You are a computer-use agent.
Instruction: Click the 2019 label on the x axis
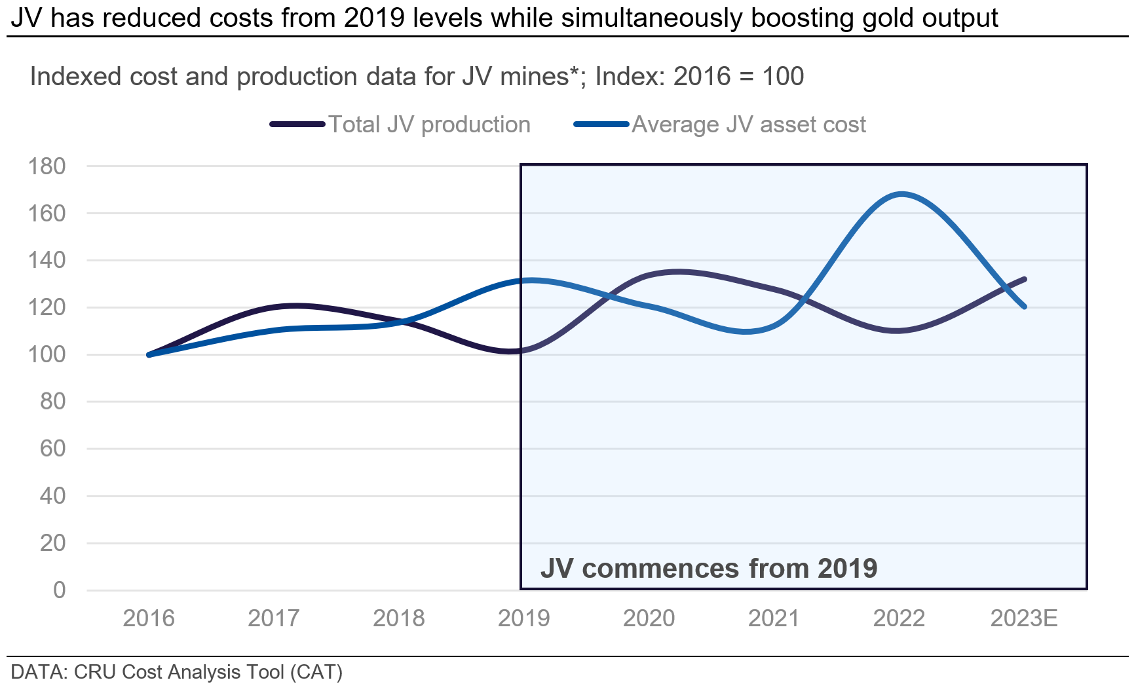(523, 618)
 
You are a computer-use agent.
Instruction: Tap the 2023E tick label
(1023, 618)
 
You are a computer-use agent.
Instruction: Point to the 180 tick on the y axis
(47, 166)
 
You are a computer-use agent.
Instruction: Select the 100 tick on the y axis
(47, 354)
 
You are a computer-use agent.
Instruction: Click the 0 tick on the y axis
(59, 590)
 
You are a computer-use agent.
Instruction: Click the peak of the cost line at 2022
(901, 194)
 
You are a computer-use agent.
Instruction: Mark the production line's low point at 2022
(898, 331)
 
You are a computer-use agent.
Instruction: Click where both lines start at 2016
(149, 354)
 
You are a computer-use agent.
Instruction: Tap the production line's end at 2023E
(1025, 279)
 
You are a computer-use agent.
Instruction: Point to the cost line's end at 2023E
(1025, 307)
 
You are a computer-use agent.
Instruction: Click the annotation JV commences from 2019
(708, 568)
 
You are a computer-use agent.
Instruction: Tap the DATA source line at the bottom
(177, 672)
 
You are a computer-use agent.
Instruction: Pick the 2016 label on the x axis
(149, 618)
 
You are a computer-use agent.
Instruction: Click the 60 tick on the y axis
(52, 449)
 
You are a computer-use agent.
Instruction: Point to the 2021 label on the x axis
(774, 618)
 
